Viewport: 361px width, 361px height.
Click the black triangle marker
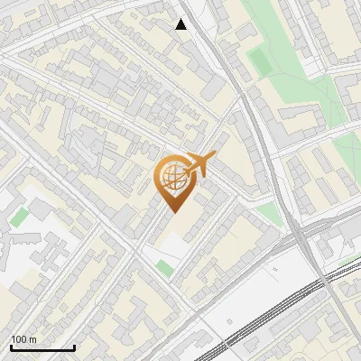click(181, 24)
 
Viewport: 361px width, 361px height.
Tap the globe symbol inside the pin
click(172, 177)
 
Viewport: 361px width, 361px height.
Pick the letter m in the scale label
click(32, 339)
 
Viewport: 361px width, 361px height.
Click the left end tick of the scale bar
click(11, 347)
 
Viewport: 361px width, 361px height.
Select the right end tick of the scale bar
click(74, 347)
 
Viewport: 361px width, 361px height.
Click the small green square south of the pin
click(163, 268)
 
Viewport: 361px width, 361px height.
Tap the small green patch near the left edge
click(19, 218)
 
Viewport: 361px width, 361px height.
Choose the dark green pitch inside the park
click(259, 61)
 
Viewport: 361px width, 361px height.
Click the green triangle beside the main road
click(268, 213)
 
